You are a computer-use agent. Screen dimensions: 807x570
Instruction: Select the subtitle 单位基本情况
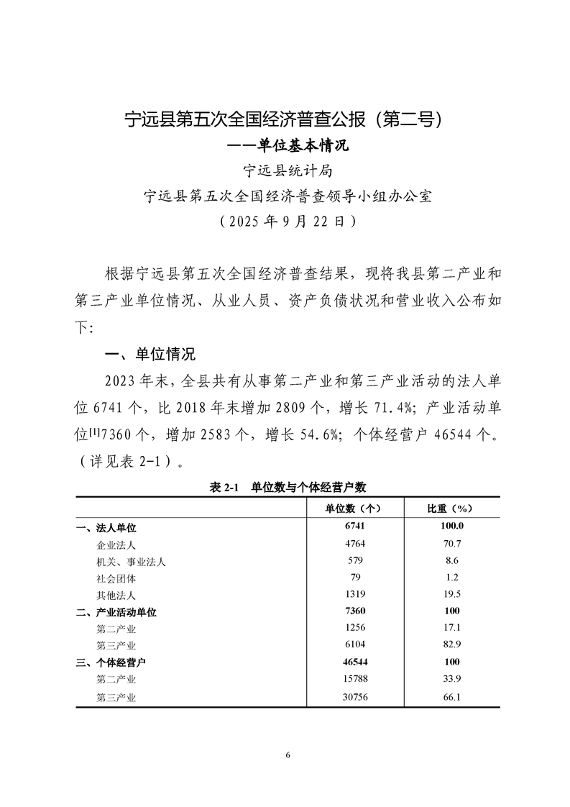pyautogui.click(x=287, y=146)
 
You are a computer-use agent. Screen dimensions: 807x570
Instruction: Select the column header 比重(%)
pyautogui.click(x=451, y=508)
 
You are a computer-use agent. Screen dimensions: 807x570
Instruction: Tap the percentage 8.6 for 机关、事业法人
pyautogui.click(x=451, y=561)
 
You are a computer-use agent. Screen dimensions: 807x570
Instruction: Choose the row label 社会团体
pyautogui.click(x=116, y=578)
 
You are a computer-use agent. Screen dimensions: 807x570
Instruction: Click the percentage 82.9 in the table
pyautogui.click(x=451, y=645)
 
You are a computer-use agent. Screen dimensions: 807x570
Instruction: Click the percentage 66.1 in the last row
pyautogui.click(x=451, y=696)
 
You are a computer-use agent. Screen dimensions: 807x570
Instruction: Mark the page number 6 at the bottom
pyautogui.click(x=288, y=755)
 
